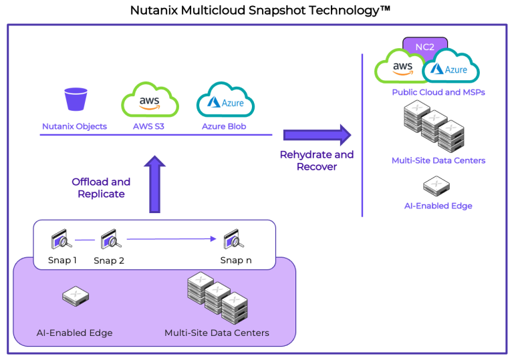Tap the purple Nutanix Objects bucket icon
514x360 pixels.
(x=74, y=100)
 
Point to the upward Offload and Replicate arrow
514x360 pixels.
(x=154, y=184)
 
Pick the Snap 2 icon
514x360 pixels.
(x=110, y=238)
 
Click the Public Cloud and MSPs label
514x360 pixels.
(x=438, y=92)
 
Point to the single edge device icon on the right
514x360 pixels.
(x=437, y=184)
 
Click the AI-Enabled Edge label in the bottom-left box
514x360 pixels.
(x=74, y=333)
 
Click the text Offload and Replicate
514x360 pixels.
(x=101, y=188)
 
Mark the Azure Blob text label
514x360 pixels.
(x=224, y=126)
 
